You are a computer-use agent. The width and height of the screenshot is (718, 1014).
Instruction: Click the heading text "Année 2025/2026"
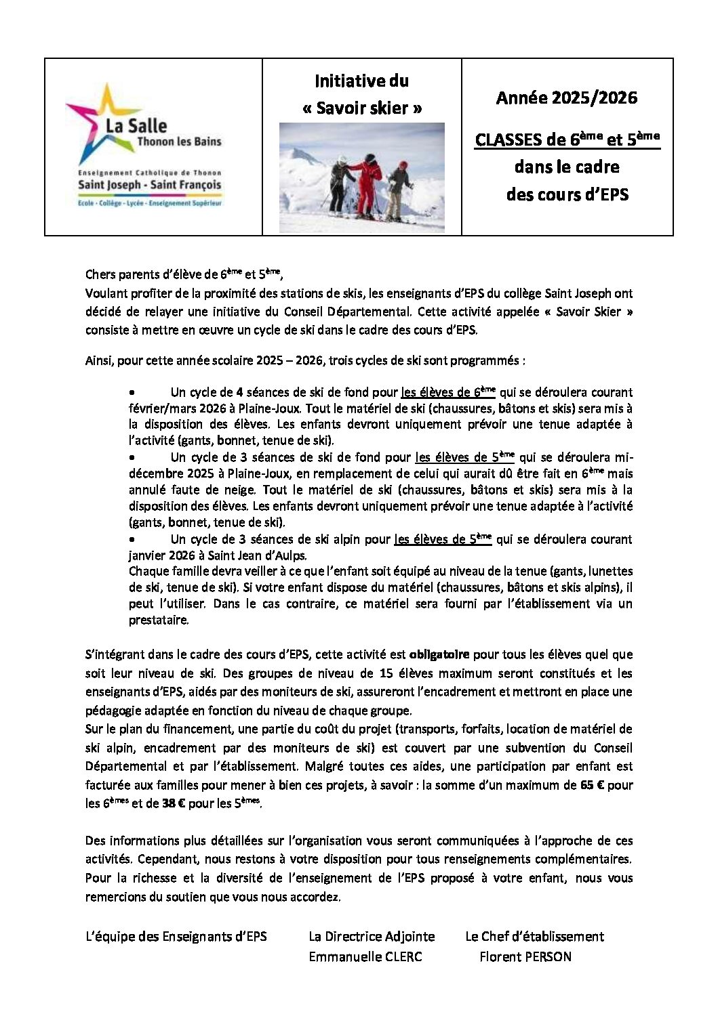pos(567,98)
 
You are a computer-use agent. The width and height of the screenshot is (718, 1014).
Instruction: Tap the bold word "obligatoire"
pos(439,655)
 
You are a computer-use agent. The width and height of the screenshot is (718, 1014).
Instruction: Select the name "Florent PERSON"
pos(525,956)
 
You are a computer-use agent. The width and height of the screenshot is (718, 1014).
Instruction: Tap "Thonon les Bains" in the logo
pos(179,142)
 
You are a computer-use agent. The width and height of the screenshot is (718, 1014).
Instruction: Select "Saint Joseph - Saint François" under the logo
pos(149,185)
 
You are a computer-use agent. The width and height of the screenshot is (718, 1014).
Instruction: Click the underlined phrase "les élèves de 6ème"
pos(448,392)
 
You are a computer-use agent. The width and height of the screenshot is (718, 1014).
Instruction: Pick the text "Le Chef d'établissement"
pos(534,937)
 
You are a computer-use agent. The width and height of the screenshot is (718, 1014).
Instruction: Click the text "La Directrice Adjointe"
pos(372,937)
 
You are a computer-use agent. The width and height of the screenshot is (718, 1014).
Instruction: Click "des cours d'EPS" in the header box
pos(567,195)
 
